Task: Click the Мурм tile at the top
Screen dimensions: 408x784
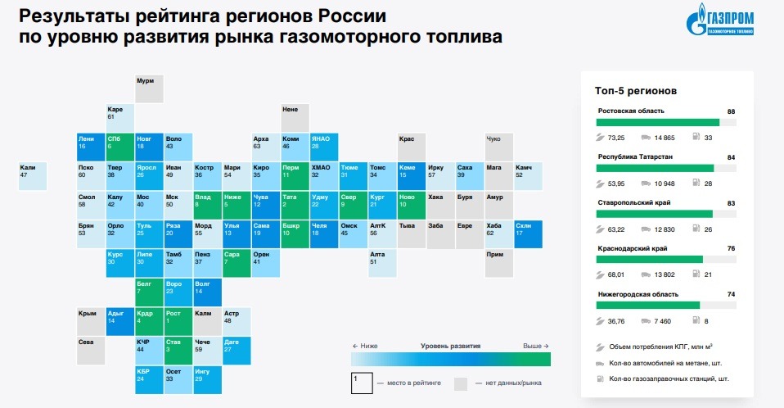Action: (149, 88)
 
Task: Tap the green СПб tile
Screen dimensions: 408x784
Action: (119, 146)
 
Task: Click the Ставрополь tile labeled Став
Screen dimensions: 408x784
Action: (178, 347)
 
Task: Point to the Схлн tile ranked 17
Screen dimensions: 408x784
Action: (528, 233)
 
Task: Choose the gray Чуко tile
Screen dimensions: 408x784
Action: (498, 146)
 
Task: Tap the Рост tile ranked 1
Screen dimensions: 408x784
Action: (178, 320)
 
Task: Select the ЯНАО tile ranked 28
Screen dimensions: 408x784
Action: (324, 146)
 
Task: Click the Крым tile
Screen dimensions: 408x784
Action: (91, 320)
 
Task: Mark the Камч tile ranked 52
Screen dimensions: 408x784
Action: (528, 175)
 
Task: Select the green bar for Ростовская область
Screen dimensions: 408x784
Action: (659, 122)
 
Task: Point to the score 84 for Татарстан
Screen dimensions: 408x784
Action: (731, 156)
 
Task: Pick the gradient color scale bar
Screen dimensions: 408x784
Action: (450, 358)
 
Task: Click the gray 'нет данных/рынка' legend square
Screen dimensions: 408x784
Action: (461, 383)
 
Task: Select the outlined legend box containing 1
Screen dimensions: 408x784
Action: (361, 383)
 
